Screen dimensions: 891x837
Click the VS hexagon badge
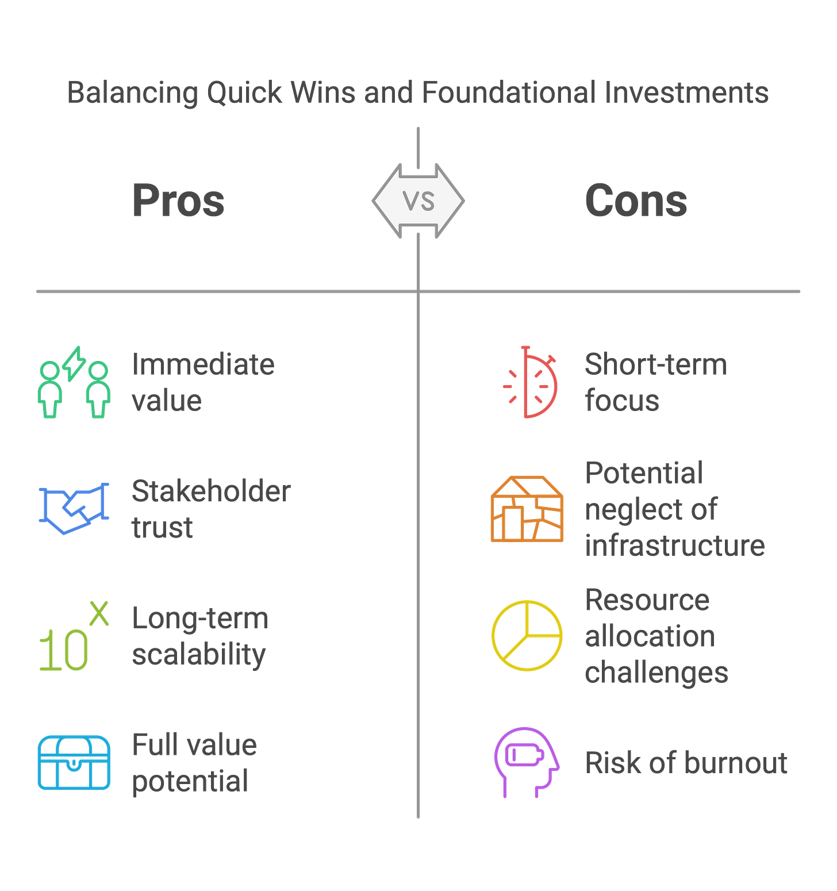[418, 201]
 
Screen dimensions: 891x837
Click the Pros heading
[178, 201]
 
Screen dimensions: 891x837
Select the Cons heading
[636, 201]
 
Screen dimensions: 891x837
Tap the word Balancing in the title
[132, 93]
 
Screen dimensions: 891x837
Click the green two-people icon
[74, 383]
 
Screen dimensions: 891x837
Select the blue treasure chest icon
[74, 762]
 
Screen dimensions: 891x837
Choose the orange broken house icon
[527, 509]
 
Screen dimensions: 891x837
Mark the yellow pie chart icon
[527, 636]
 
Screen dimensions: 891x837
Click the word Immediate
[204, 365]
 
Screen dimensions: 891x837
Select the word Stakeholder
[211, 492]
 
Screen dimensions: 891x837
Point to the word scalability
[199, 655]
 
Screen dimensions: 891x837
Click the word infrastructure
[675, 546]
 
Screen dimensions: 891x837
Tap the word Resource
[647, 601]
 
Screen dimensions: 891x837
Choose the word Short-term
[655, 365]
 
